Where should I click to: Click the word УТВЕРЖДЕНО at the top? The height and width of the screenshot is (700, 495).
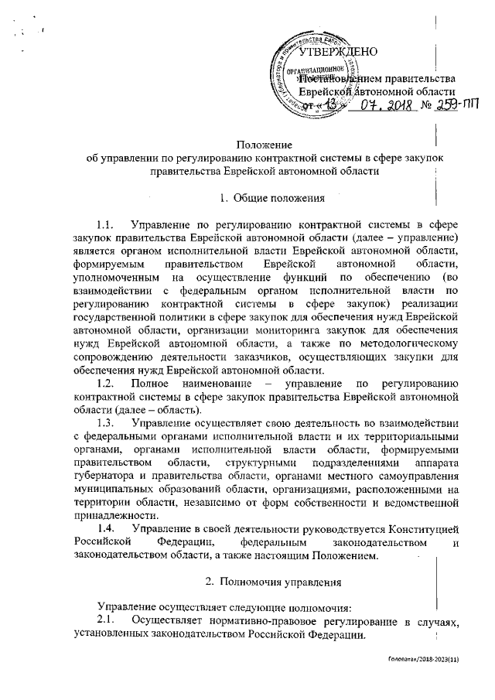point(337,53)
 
